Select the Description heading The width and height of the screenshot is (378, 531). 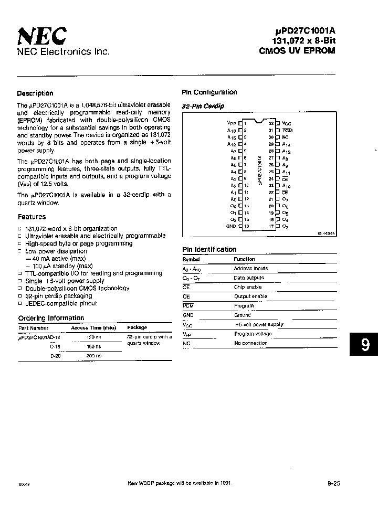tap(35, 93)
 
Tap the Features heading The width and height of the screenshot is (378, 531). tap(32, 217)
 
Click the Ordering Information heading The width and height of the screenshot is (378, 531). tap(51, 318)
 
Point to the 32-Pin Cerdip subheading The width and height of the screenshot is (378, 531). tap(203, 107)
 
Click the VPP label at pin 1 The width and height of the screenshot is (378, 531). tap(229, 123)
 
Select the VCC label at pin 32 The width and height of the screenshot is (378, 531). tap(286, 123)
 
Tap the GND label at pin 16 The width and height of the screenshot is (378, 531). tap(231, 226)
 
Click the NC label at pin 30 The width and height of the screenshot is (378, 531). tap(285, 136)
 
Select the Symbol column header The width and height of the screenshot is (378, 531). tap(191, 259)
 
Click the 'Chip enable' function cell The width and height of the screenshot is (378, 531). tap(247, 287)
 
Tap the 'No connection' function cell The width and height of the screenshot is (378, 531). tap(250, 343)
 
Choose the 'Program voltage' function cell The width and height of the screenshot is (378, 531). tap(253, 334)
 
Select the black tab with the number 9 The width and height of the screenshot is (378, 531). tap(364, 345)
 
